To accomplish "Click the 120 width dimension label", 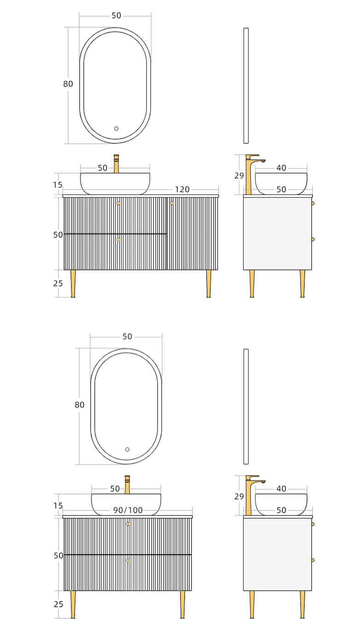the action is point(182,189).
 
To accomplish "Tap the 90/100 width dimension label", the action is point(128,510).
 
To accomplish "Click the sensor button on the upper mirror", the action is point(116,129).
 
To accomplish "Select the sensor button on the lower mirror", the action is point(128,449).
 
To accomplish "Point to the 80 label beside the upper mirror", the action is point(68,84).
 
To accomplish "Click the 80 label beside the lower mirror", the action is point(79,405).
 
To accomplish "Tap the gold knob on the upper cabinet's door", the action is point(172,203).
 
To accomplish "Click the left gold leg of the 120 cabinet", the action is point(73,283).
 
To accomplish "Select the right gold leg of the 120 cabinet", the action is point(209,283).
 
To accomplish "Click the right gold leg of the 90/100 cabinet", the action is point(183,604).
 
